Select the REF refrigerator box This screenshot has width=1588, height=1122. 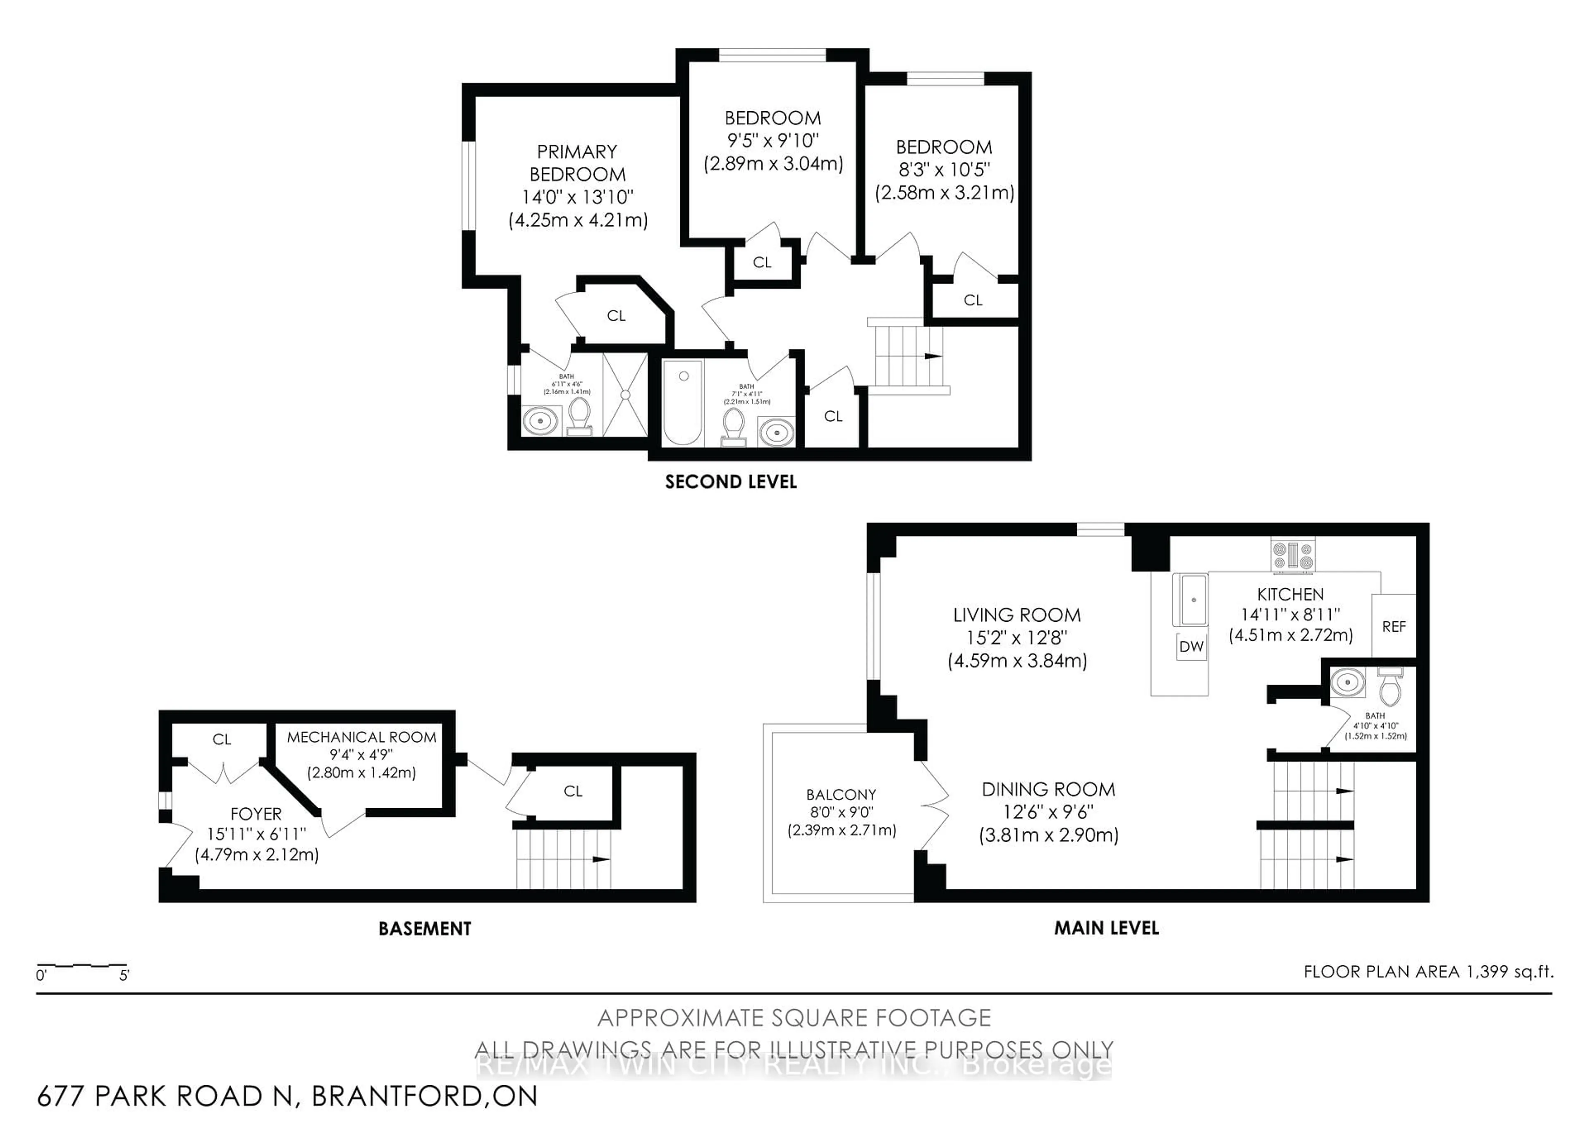point(1393,626)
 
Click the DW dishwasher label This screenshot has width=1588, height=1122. point(1191,647)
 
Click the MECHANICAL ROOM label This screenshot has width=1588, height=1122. point(362,737)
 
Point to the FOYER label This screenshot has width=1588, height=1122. point(256,814)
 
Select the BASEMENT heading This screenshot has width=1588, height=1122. point(425,929)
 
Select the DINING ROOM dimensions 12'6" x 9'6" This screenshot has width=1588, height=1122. point(1048,812)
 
